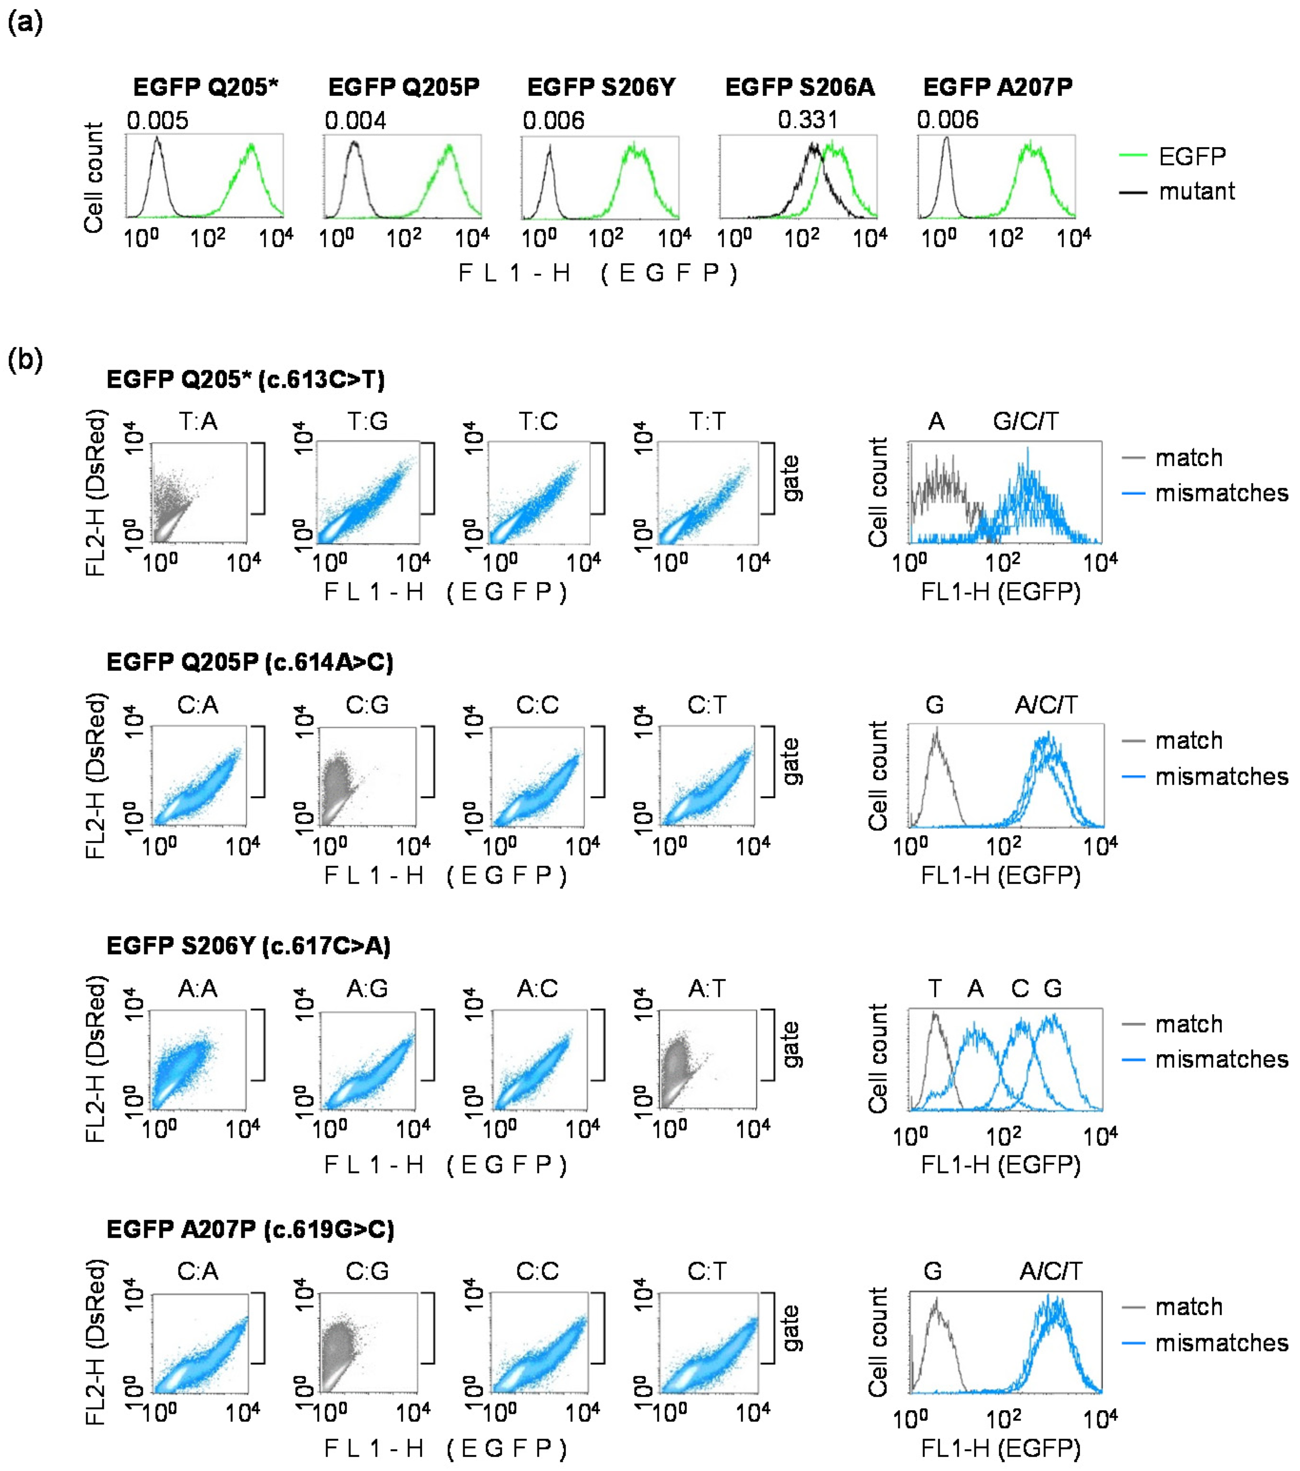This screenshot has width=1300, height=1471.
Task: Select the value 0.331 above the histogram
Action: [x=808, y=119]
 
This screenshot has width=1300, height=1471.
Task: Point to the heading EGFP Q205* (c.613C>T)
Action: [x=246, y=379]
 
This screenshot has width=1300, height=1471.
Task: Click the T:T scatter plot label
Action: [x=707, y=421]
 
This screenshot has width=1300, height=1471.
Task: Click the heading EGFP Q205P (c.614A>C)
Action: [x=250, y=662]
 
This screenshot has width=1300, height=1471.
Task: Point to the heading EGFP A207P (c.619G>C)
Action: [x=250, y=1230]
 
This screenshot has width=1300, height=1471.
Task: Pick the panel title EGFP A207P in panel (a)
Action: [x=997, y=88]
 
